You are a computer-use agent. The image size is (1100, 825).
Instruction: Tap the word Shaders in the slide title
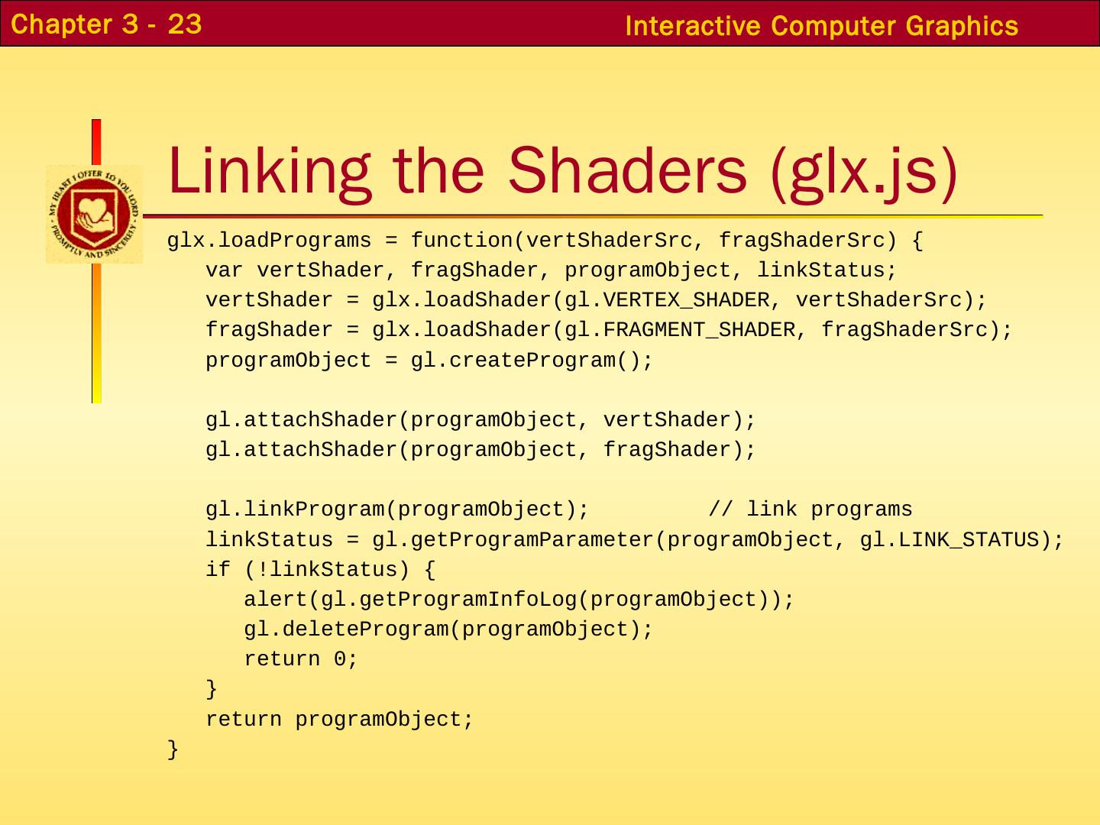point(626,170)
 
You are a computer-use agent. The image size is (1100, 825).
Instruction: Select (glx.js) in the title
point(864,171)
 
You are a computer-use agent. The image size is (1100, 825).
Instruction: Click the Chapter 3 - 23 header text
point(107,24)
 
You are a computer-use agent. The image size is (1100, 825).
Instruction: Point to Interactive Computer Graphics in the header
point(821,26)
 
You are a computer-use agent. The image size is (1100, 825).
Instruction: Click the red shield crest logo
point(94,215)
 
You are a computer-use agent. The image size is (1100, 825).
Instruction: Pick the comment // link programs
point(810,510)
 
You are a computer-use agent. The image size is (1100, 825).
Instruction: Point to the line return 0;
point(301,659)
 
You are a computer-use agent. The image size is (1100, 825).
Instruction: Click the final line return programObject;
point(340,720)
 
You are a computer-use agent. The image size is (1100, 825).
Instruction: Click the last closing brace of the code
point(173,749)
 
